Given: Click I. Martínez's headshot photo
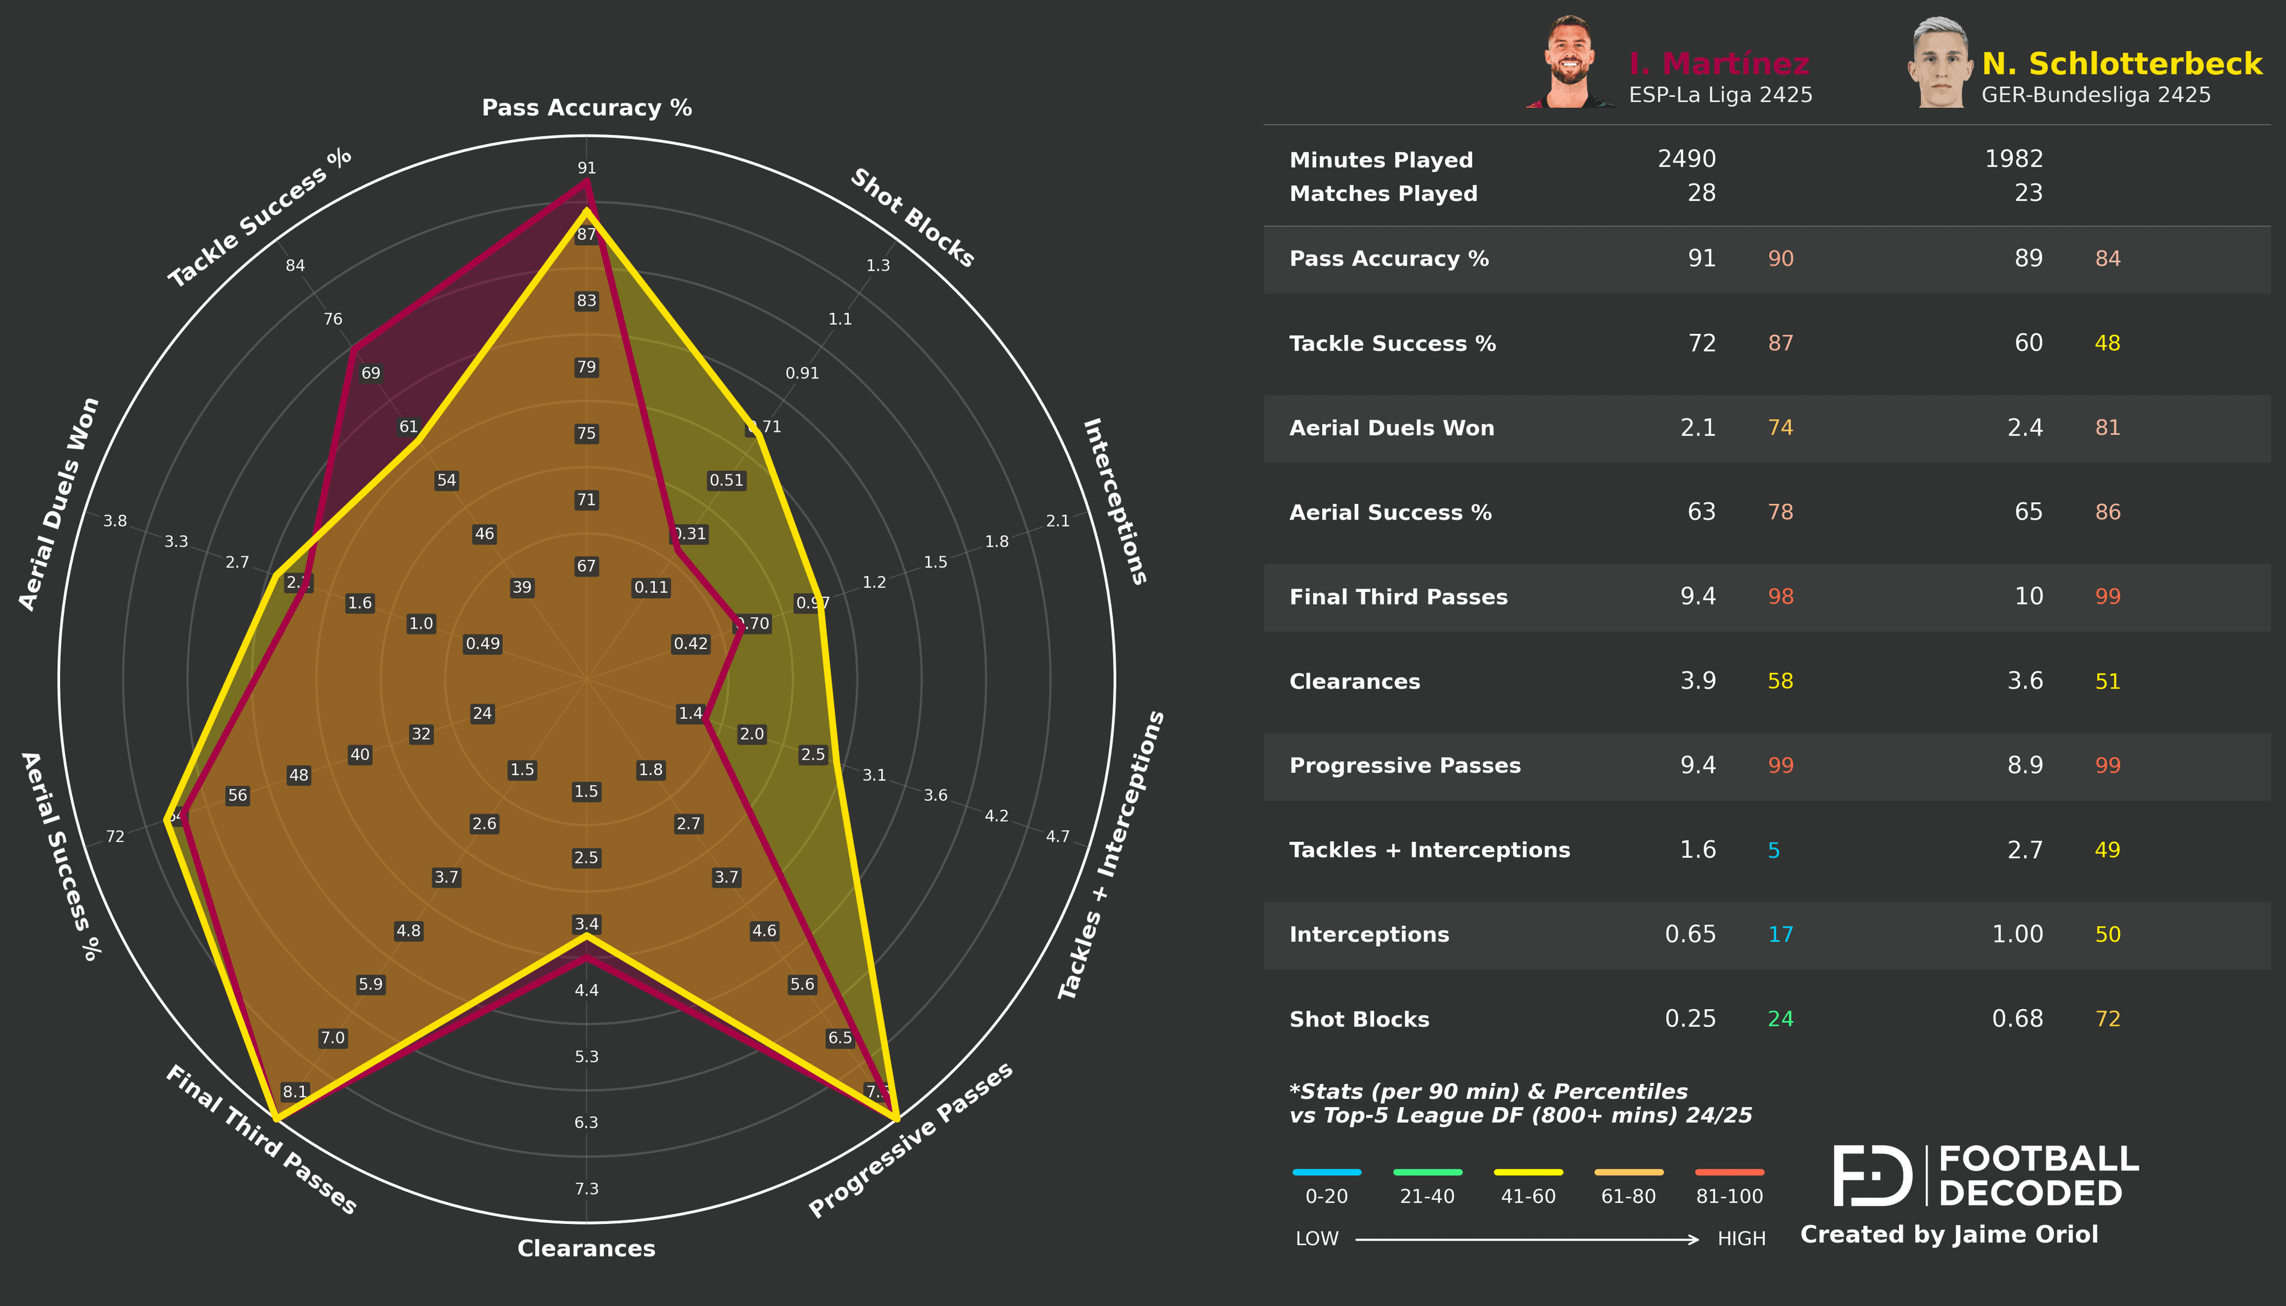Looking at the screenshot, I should (1569, 63).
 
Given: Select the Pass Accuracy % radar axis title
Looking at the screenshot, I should (587, 108).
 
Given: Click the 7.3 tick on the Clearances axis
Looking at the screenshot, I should (587, 1189).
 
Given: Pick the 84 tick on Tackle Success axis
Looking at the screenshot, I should (295, 265).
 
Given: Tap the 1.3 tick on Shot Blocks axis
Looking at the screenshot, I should (878, 265).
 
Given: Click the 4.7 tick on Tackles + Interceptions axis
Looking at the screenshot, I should (1058, 836).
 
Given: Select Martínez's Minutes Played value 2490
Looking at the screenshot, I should (1686, 159).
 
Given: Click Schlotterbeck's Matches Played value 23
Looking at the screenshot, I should (2028, 193).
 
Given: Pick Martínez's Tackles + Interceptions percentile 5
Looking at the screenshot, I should (1773, 850).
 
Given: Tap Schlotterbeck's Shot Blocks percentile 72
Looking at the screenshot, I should (2107, 1019).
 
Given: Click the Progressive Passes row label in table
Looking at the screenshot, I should (1405, 765).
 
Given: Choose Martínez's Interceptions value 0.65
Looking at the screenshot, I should (1690, 935).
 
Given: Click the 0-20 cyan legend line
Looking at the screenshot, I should (1327, 1172).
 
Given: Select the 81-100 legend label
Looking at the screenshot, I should (1729, 1196).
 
